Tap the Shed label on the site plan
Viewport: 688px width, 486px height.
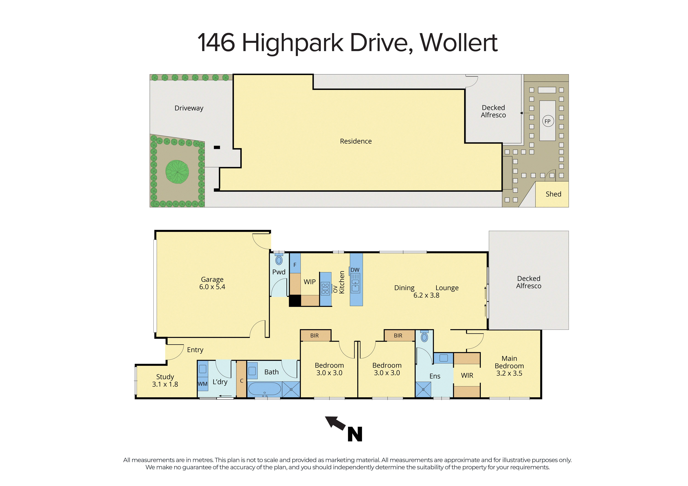click(x=553, y=194)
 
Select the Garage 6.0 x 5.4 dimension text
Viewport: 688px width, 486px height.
click(x=212, y=287)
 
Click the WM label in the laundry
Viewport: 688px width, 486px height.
click(x=203, y=384)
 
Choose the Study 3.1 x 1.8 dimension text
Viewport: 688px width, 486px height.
click(x=165, y=384)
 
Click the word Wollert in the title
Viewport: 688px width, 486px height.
click(x=459, y=43)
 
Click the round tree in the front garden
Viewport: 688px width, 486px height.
click(x=177, y=172)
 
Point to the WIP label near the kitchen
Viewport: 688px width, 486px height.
click(x=309, y=282)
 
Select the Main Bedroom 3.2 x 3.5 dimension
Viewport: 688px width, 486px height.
click(x=509, y=373)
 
